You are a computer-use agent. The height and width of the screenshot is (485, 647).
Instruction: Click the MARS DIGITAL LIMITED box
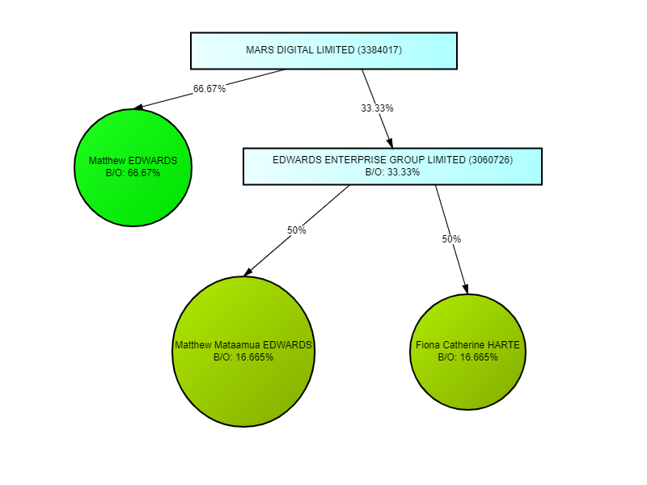click(x=323, y=51)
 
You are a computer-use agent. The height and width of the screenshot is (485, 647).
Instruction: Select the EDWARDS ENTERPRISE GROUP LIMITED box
click(x=392, y=166)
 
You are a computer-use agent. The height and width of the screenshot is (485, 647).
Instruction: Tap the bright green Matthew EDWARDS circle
click(x=133, y=167)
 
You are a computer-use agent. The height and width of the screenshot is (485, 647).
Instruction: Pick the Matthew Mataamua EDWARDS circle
click(x=243, y=351)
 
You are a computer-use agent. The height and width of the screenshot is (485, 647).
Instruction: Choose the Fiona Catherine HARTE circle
click(x=468, y=351)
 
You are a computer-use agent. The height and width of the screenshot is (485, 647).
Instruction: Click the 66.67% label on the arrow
click(x=209, y=89)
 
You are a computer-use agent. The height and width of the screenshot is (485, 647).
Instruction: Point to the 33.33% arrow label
click(x=377, y=108)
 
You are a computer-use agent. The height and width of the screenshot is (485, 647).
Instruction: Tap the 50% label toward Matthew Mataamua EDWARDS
click(x=297, y=230)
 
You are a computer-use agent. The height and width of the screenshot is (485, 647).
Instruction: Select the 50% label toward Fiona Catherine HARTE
click(x=451, y=239)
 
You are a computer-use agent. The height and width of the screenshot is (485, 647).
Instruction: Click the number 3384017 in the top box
click(x=379, y=50)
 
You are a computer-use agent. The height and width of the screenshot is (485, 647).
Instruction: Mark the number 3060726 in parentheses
click(x=490, y=160)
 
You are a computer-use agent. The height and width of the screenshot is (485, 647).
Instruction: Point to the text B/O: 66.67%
click(x=133, y=173)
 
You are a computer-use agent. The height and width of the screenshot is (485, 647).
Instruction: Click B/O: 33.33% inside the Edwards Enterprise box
click(x=392, y=171)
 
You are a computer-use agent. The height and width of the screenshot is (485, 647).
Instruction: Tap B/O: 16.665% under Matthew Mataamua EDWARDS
click(x=243, y=356)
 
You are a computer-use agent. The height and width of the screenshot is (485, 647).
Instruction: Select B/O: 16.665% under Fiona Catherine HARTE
click(x=468, y=356)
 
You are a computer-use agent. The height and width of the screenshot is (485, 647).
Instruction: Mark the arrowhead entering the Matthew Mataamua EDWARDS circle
click(x=248, y=272)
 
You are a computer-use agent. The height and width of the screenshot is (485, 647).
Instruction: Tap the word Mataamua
click(x=237, y=345)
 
